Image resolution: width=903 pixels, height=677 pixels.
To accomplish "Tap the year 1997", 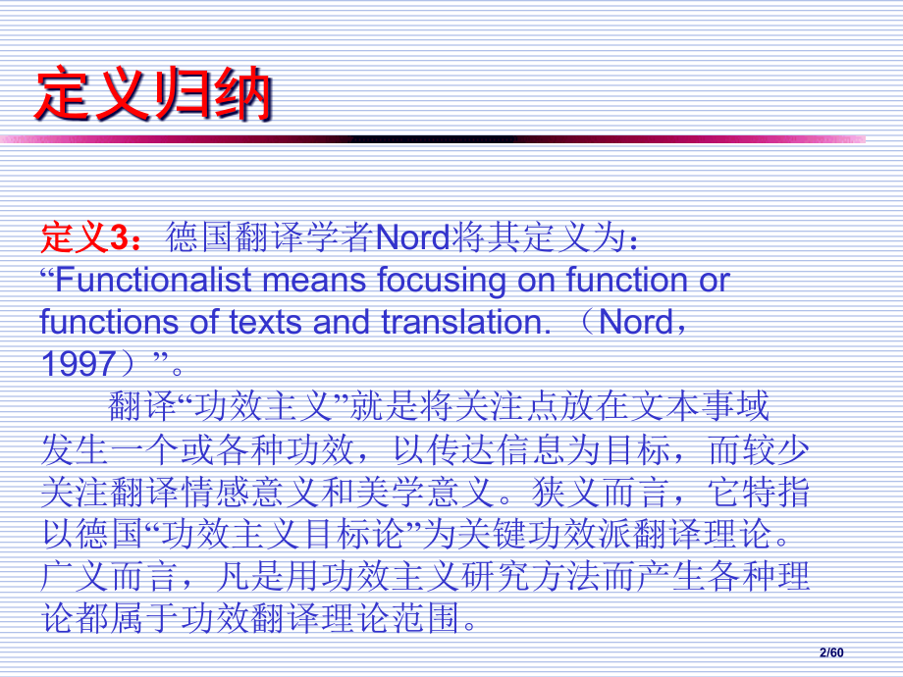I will [79, 364].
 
